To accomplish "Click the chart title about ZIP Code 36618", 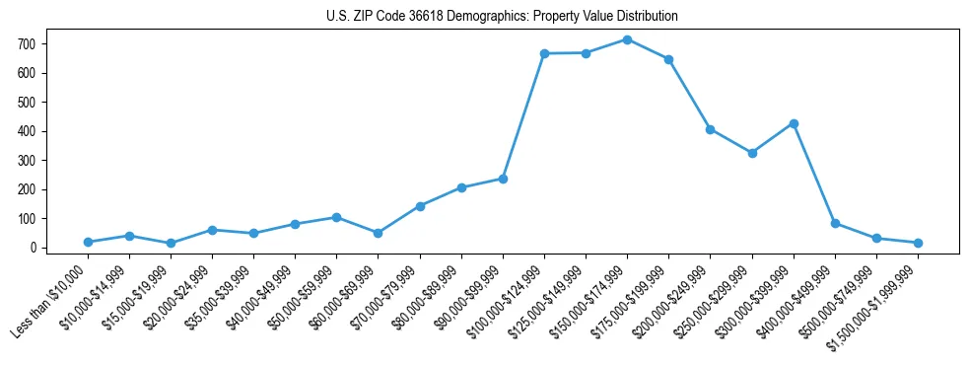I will (x=502, y=16).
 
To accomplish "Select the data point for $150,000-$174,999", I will (x=627, y=39).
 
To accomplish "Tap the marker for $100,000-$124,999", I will (x=544, y=53).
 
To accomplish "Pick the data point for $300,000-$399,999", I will (x=794, y=123).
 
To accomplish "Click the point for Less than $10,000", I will (x=88, y=242).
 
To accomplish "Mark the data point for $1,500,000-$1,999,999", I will (x=918, y=243).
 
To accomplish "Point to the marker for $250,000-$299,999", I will (x=752, y=153).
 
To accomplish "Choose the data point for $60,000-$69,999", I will (x=379, y=233).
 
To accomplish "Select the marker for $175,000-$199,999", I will (x=668, y=59).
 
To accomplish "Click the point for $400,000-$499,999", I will (x=835, y=223).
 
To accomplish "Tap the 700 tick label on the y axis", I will (x=27, y=44).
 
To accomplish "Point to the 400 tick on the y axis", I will (x=27, y=131).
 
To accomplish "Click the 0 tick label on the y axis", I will (x=33, y=248).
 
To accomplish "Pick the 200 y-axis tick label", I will (x=27, y=189).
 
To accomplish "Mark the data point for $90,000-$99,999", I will (x=503, y=179).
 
